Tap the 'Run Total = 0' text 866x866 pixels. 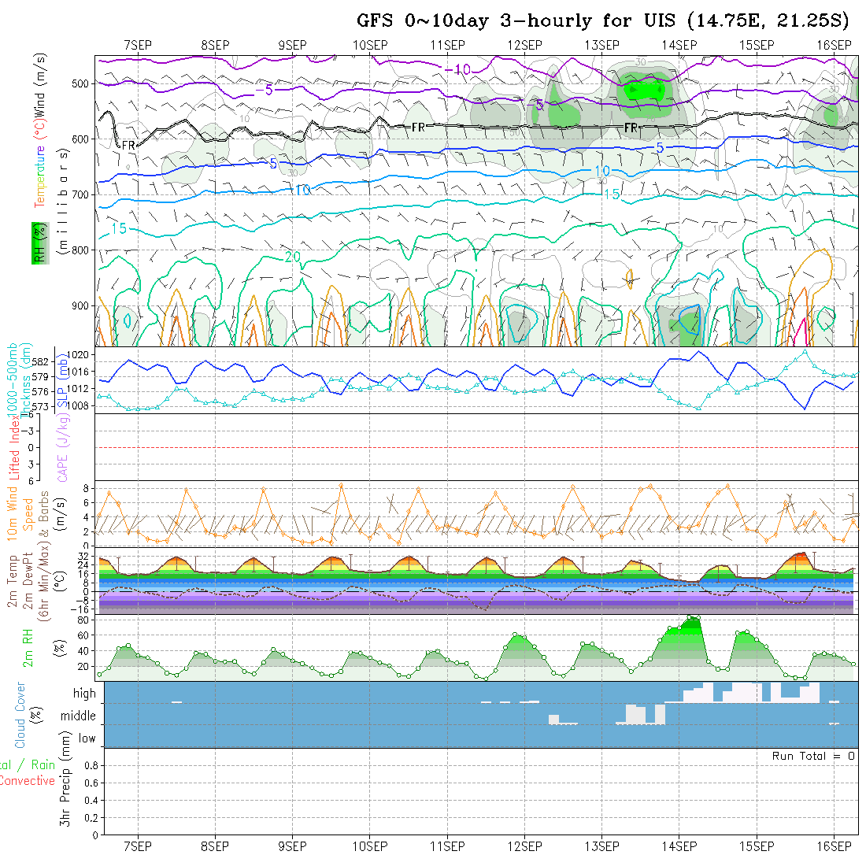point(813,756)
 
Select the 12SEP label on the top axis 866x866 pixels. point(524,45)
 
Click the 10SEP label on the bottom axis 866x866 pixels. point(370,846)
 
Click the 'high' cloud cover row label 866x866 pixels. point(84,694)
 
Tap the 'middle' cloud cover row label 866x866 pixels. point(79,716)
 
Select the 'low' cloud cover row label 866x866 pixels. point(87,738)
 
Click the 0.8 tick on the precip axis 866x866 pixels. point(89,765)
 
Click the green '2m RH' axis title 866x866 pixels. point(28,647)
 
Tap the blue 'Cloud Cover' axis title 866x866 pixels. point(20,715)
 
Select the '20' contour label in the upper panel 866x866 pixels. point(292,257)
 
